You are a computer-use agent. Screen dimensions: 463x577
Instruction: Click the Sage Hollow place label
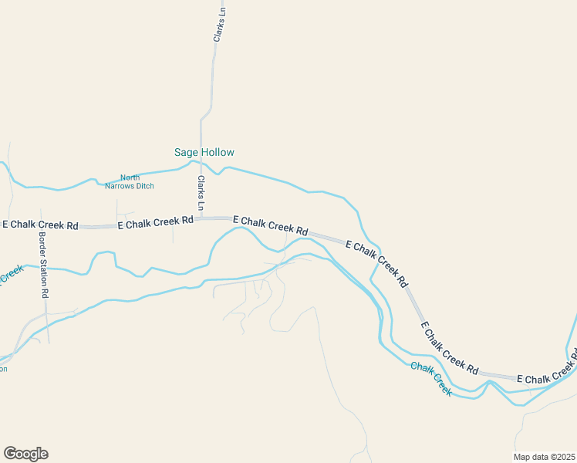point(204,153)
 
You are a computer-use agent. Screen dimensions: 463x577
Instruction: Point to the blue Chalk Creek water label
point(430,378)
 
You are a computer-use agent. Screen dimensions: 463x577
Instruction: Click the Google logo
point(25,454)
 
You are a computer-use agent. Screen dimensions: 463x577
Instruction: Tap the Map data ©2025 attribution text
point(544,457)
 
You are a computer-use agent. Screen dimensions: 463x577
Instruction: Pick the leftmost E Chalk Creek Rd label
point(40,225)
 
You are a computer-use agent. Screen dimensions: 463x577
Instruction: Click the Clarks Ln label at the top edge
point(220,22)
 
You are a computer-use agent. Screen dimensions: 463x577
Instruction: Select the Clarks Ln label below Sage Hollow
point(201,194)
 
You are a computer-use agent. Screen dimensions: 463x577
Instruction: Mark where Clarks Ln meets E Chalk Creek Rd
point(201,219)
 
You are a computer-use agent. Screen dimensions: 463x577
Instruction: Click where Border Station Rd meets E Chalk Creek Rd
point(42,228)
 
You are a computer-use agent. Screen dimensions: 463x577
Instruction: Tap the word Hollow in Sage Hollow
point(218,153)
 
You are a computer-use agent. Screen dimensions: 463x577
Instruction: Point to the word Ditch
point(144,186)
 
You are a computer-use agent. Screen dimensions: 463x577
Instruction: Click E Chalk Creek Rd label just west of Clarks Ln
point(155,221)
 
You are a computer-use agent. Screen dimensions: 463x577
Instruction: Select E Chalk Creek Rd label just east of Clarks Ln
point(270,225)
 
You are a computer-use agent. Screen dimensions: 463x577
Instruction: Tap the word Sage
point(187,153)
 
